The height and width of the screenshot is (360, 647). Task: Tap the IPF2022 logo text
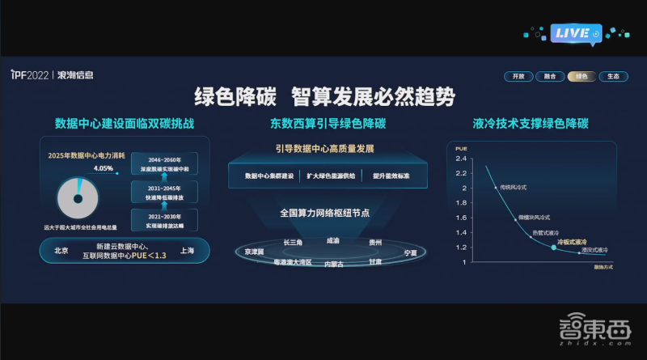(29, 75)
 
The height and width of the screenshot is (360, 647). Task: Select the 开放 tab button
(518, 76)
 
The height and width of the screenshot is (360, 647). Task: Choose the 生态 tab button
(614, 76)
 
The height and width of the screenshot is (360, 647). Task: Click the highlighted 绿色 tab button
(582, 76)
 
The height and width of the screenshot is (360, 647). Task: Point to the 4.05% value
(104, 168)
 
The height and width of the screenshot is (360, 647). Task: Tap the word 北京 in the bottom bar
(61, 251)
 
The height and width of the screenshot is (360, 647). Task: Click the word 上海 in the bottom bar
(187, 251)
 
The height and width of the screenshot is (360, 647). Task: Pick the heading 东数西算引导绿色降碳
(328, 124)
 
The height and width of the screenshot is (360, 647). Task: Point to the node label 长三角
(293, 242)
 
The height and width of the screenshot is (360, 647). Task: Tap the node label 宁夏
(411, 253)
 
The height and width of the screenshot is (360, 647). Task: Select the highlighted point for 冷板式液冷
(553, 247)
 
